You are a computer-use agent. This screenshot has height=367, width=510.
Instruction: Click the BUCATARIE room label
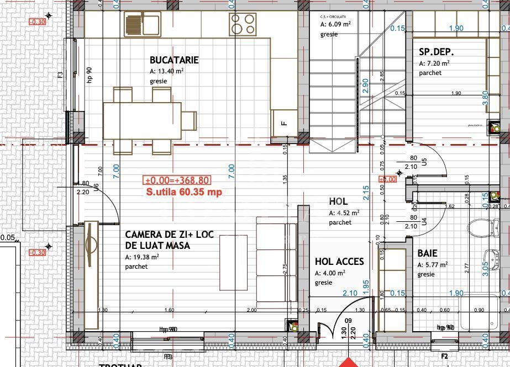(x=174, y=60)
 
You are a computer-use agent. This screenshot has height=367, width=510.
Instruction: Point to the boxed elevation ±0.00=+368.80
(x=177, y=180)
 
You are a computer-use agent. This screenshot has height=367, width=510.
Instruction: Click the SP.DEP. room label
(x=437, y=53)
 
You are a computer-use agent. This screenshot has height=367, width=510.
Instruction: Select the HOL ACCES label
(x=339, y=262)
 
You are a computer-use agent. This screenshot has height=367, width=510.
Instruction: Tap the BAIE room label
(x=427, y=253)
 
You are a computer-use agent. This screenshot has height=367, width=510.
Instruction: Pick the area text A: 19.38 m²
(x=142, y=257)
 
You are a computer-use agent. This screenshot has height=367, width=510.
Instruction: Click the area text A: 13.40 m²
(x=166, y=71)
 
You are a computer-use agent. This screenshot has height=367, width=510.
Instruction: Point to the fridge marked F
(x=284, y=123)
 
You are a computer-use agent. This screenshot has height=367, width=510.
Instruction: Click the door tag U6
(x=96, y=188)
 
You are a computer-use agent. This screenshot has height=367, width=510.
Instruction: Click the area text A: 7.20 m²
(x=434, y=63)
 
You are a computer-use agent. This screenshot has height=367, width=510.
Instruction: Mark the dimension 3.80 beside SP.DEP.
(x=485, y=98)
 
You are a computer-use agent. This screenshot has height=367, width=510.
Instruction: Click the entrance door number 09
(x=348, y=320)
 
